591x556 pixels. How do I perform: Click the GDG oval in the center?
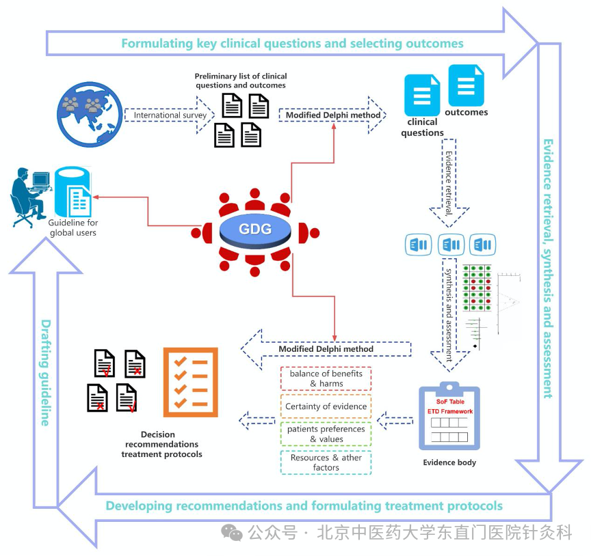pos(255,229)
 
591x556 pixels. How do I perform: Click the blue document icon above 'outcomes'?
pos(466,85)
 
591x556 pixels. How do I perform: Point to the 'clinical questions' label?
pos(422,128)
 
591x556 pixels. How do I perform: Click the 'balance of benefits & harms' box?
pos(326,378)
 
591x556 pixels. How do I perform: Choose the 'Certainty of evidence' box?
pos(326,406)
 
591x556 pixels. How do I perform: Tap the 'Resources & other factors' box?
pos(326,462)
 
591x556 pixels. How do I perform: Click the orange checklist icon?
pos(190,382)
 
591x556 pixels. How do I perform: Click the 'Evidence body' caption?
pos(449,462)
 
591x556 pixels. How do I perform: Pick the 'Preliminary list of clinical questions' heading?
pos(241,81)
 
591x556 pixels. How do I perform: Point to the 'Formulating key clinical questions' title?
pos(292,44)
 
